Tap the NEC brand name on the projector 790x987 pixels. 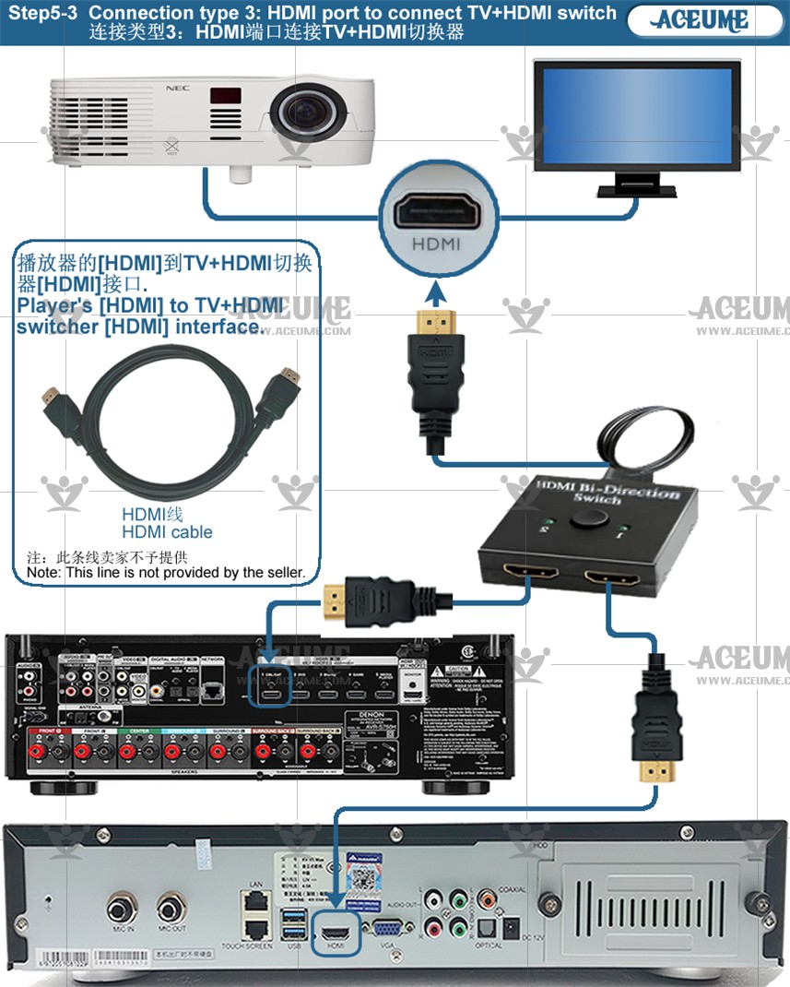click(171, 89)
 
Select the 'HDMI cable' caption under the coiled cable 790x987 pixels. click(167, 532)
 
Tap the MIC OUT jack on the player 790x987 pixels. click(171, 908)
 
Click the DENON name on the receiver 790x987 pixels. click(371, 717)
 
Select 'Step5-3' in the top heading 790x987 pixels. click(42, 14)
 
